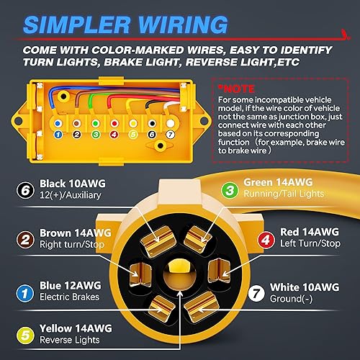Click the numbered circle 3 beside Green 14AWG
pyautogui.click(x=230, y=190)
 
